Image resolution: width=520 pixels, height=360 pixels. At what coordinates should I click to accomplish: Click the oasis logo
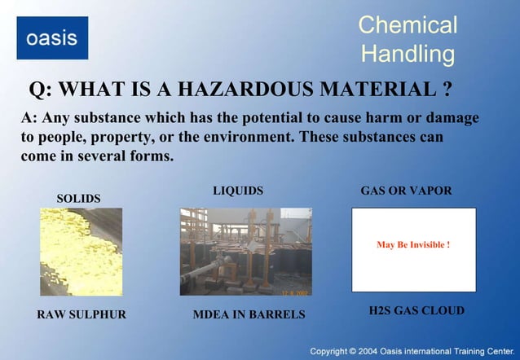(x=52, y=37)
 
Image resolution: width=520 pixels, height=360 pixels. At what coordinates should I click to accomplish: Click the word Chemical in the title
(x=408, y=24)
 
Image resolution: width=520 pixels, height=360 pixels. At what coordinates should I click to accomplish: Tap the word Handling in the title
(x=408, y=55)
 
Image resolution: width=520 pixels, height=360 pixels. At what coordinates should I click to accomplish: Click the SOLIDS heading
(x=78, y=199)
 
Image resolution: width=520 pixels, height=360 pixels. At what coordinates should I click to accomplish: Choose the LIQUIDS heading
(x=238, y=191)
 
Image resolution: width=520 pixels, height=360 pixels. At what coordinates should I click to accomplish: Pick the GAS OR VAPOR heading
(x=406, y=191)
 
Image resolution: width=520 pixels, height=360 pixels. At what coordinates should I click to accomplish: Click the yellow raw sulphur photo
(x=81, y=251)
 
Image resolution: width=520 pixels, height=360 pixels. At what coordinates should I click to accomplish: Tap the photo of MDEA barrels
(x=245, y=251)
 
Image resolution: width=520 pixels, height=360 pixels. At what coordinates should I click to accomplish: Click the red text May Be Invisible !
(x=413, y=244)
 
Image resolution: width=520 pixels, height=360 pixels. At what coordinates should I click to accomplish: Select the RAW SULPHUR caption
(x=82, y=314)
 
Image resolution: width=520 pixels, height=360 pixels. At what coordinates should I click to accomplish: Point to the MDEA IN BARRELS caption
(x=249, y=314)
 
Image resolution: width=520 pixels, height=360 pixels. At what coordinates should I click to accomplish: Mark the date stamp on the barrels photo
(x=293, y=291)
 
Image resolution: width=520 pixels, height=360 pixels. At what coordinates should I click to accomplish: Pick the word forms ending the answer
(x=152, y=156)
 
